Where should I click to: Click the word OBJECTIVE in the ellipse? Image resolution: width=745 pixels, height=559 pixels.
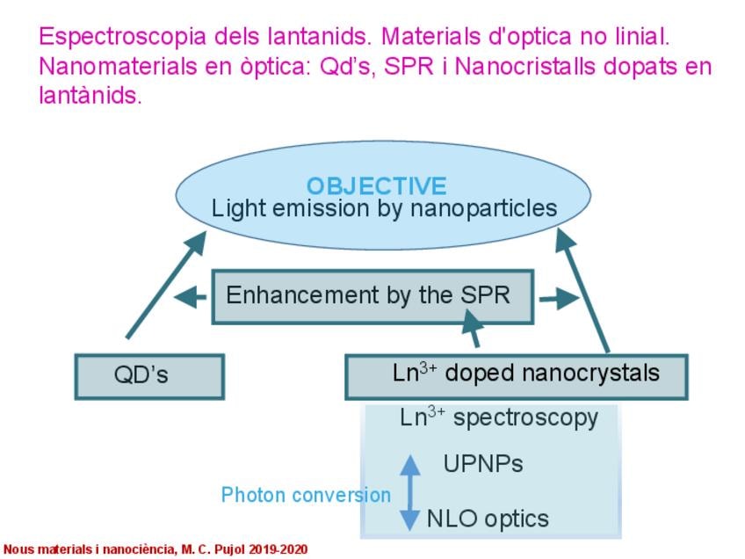coord(376,185)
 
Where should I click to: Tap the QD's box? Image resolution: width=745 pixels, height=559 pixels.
coord(149,376)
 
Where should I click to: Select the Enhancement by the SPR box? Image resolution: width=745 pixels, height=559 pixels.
coord(372,297)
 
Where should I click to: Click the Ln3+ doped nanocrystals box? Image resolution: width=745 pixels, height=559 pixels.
coord(516,376)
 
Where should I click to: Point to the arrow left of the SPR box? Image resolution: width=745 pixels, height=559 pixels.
coord(190,298)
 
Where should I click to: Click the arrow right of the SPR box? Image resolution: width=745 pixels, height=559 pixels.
coord(560,299)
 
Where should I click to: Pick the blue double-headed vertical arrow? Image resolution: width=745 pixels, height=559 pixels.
coord(409,492)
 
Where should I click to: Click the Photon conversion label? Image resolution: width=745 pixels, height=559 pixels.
coord(306,495)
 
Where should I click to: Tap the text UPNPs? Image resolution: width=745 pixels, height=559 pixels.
coord(482,463)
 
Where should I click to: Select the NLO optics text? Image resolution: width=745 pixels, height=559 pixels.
coord(488,519)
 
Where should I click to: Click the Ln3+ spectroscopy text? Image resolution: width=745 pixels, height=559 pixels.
coord(499,417)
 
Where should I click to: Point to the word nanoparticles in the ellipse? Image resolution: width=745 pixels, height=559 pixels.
coord(483,209)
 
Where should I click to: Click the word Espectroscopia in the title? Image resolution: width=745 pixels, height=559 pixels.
coord(123,37)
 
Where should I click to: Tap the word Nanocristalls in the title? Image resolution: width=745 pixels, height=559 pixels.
coord(525,66)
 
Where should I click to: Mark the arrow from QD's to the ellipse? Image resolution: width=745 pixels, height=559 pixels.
coord(166,285)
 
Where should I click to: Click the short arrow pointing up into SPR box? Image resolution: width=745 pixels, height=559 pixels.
coord(473,329)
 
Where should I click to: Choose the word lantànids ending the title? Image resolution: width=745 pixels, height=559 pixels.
coord(90,96)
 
